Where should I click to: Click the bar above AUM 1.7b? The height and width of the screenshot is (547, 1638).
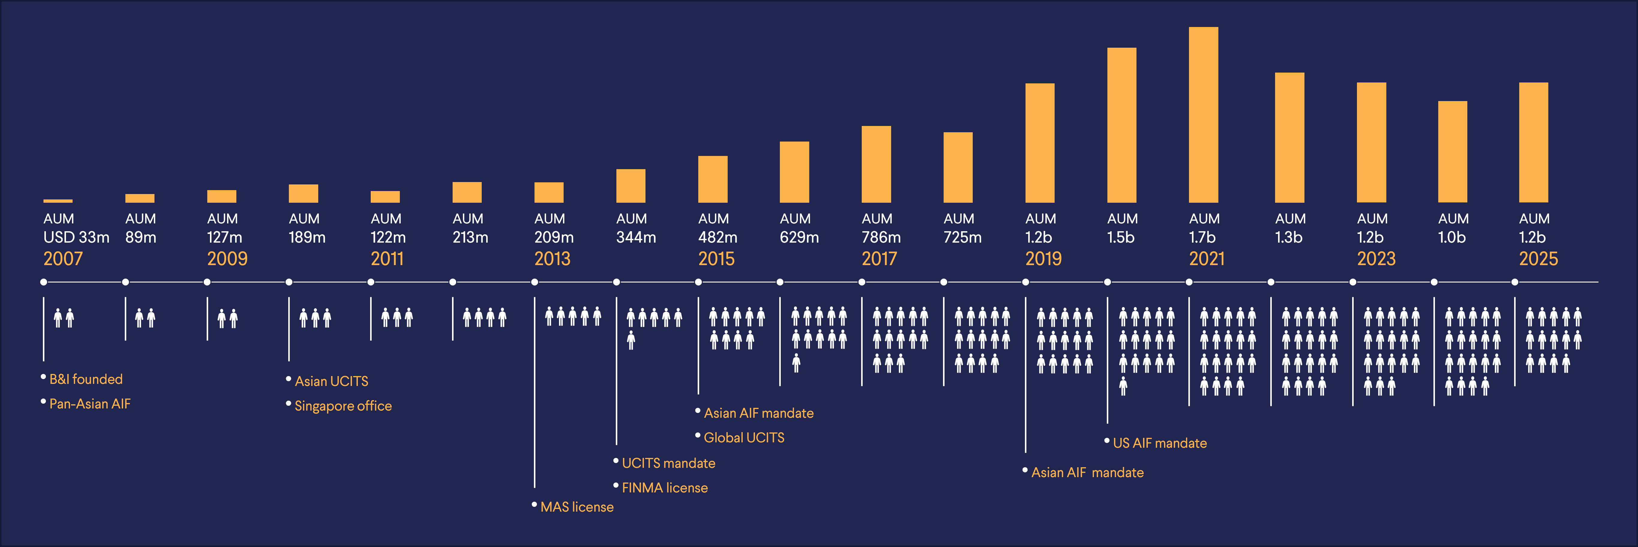coord(1203,115)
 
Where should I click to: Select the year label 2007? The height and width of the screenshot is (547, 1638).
coord(63,259)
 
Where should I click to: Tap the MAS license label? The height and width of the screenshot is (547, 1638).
coord(576,507)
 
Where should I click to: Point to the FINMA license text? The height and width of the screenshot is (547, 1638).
coord(664,488)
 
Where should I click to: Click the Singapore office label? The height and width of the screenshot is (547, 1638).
coord(343,406)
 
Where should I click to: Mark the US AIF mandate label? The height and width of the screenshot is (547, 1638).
coord(1159,443)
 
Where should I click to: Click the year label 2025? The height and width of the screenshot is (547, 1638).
coord(1538,259)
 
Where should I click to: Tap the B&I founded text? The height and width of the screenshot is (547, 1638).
coord(86,379)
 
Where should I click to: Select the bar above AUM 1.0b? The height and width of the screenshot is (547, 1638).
coord(1452,151)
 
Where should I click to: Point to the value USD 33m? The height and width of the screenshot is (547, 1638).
coord(76,237)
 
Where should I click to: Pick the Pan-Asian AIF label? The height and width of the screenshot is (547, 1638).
coord(90,404)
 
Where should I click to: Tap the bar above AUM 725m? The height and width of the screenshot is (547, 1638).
coord(958,167)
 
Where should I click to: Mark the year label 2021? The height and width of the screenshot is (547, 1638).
coord(1206,259)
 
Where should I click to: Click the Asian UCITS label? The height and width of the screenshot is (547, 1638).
coord(331,381)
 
